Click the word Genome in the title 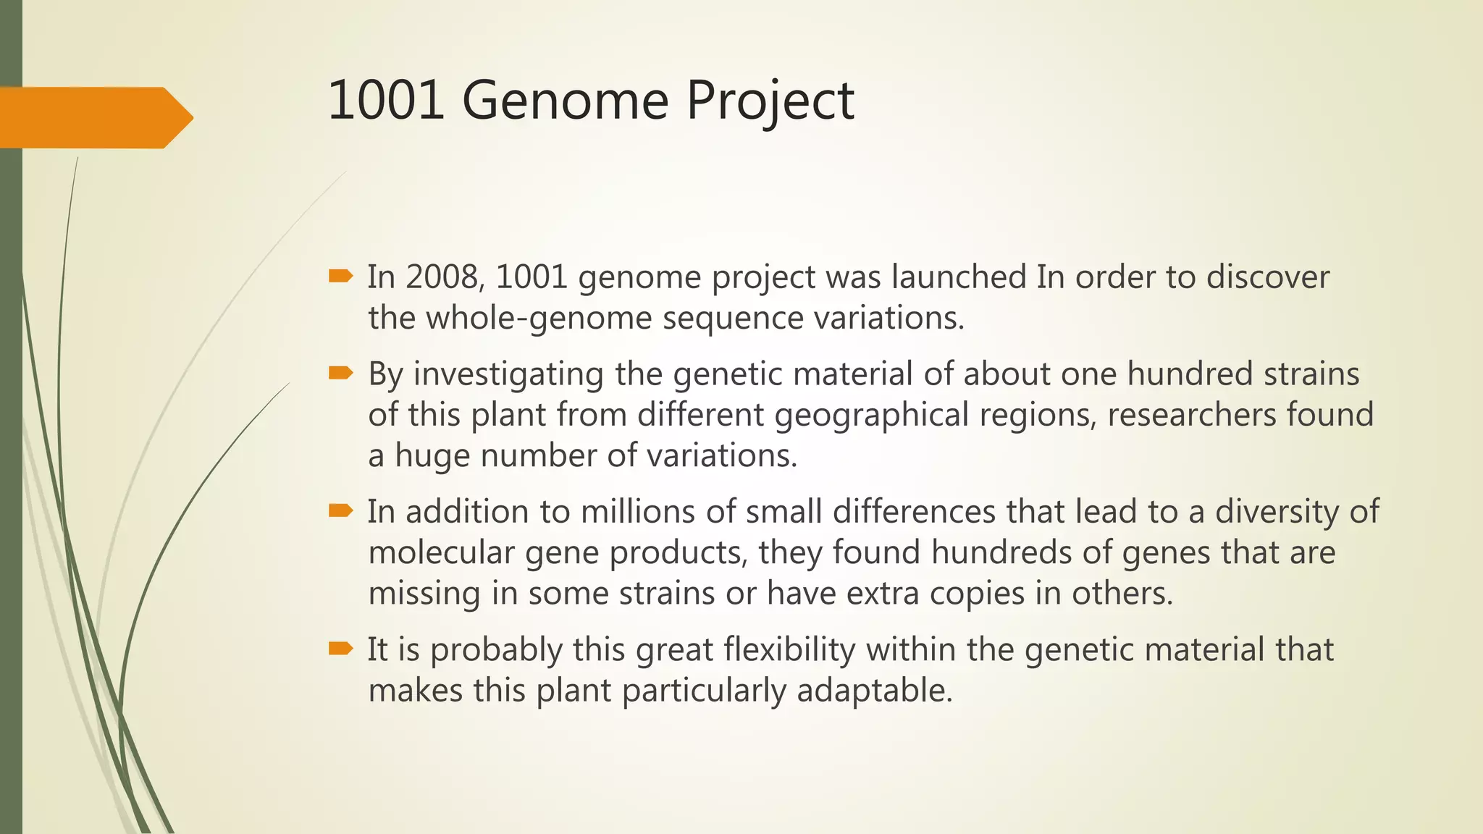[x=565, y=101]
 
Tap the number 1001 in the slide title [x=386, y=101]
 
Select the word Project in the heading [x=770, y=101]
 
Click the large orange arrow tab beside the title [x=94, y=117]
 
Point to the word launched [x=958, y=277]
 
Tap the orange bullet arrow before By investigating [x=340, y=373]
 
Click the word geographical [x=871, y=416]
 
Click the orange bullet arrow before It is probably [x=340, y=648]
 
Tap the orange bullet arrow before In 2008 [x=340, y=276]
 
